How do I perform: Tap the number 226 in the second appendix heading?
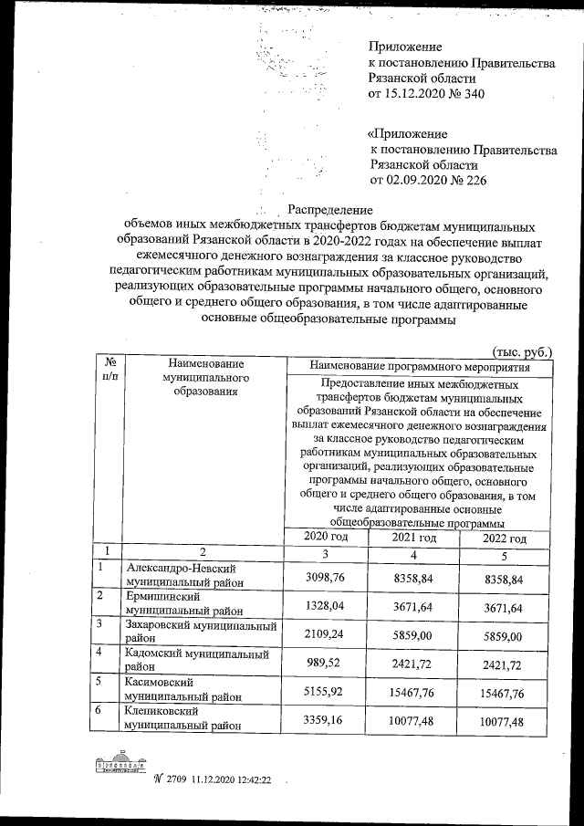[473, 181]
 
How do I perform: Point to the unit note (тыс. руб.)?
[521, 351]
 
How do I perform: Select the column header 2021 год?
[414, 538]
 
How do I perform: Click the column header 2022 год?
[505, 538]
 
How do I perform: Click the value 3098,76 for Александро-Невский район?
[326, 577]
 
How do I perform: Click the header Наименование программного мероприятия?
[419, 366]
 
